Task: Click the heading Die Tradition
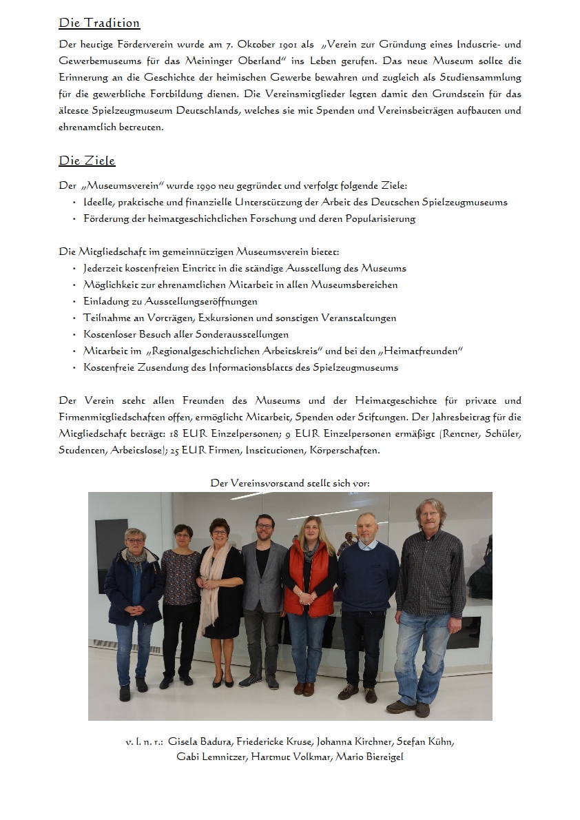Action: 99,23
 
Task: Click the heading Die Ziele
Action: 87,161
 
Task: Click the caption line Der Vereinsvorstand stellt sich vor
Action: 290,483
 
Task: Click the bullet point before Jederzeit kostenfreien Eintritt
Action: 74,269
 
